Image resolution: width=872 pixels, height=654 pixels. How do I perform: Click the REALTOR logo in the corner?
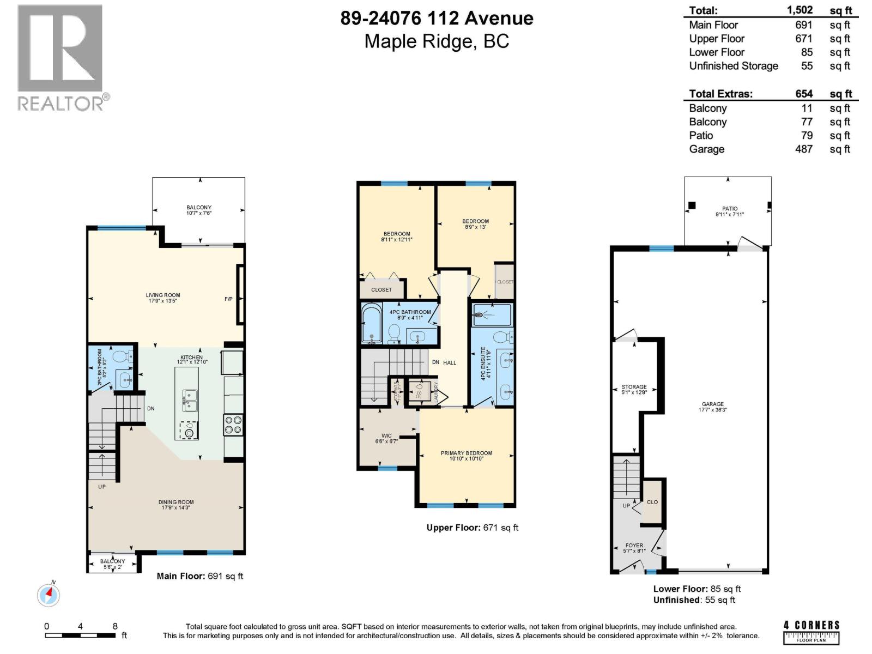[x=60, y=57]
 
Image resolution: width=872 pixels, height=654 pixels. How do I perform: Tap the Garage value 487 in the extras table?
[x=804, y=149]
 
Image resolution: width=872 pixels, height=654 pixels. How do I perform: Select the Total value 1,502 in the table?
[x=800, y=10]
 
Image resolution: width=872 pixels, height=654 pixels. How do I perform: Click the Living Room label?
[x=162, y=298]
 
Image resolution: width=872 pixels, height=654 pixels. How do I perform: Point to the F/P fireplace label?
[x=228, y=299]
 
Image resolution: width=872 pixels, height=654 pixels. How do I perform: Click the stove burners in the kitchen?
[x=233, y=425]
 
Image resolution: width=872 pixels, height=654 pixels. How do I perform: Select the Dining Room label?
[x=175, y=505]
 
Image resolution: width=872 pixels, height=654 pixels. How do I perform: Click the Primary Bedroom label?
[x=466, y=456]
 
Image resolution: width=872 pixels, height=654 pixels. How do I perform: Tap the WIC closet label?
[x=386, y=438]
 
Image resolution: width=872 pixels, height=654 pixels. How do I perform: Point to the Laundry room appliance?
[x=419, y=391]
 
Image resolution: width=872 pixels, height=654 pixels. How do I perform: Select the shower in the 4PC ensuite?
[x=492, y=315]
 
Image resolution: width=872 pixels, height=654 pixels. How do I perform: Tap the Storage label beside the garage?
[x=634, y=389]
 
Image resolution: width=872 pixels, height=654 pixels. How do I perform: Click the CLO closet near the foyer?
[x=652, y=502]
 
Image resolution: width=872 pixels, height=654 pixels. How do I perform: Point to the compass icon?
[x=49, y=595]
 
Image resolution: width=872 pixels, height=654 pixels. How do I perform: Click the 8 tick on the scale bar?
[x=115, y=627]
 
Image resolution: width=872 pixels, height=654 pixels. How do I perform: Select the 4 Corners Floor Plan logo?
[x=812, y=632]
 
